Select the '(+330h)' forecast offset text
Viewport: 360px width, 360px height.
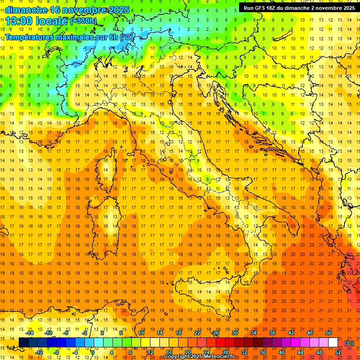pyautogui.click(x=83, y=21)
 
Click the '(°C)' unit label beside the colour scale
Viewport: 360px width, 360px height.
pyautogui.click(x=349, y=343)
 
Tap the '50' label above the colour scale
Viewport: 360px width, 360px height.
pyautogui.click(x=328, y=333)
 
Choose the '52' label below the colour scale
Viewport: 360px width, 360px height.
pyautogui.click(x=337, y=352)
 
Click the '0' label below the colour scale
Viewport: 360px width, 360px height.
pyautogui.click(x=93, y=352)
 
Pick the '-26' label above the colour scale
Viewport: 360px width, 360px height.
pyautogui.click(x=215, y=333)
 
